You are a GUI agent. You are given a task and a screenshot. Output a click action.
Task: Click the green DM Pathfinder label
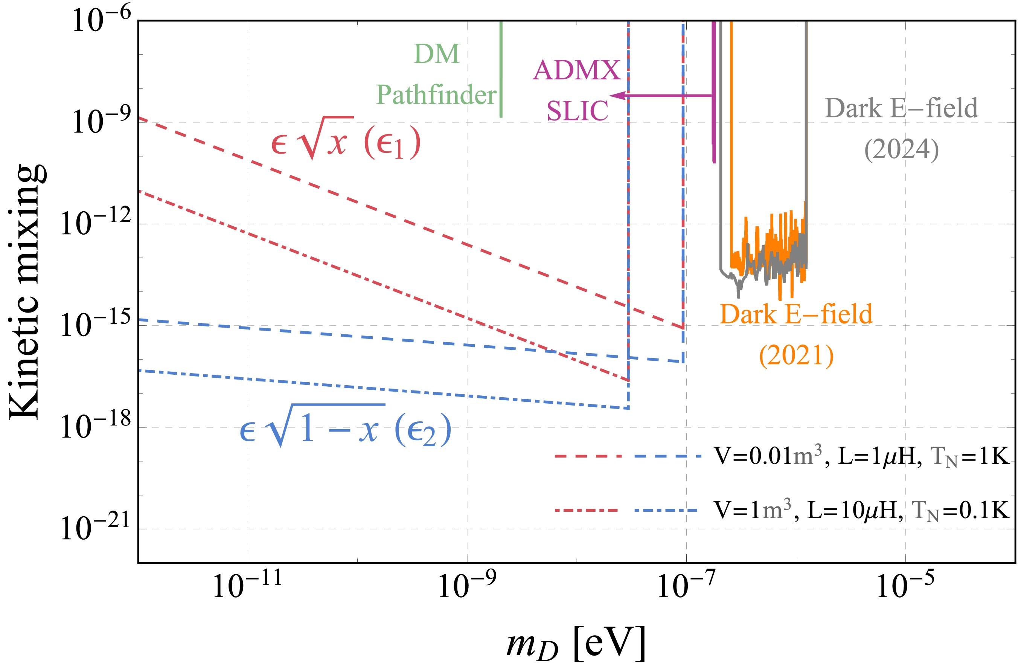[436, 74]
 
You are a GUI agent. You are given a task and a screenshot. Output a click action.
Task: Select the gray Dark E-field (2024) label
[901, 128]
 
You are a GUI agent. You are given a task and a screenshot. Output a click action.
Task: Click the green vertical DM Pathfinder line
[501, 69]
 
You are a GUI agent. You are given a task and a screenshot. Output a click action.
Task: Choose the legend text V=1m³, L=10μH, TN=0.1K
[861, 511]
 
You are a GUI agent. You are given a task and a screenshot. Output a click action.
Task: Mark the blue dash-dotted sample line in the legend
[666, 511]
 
